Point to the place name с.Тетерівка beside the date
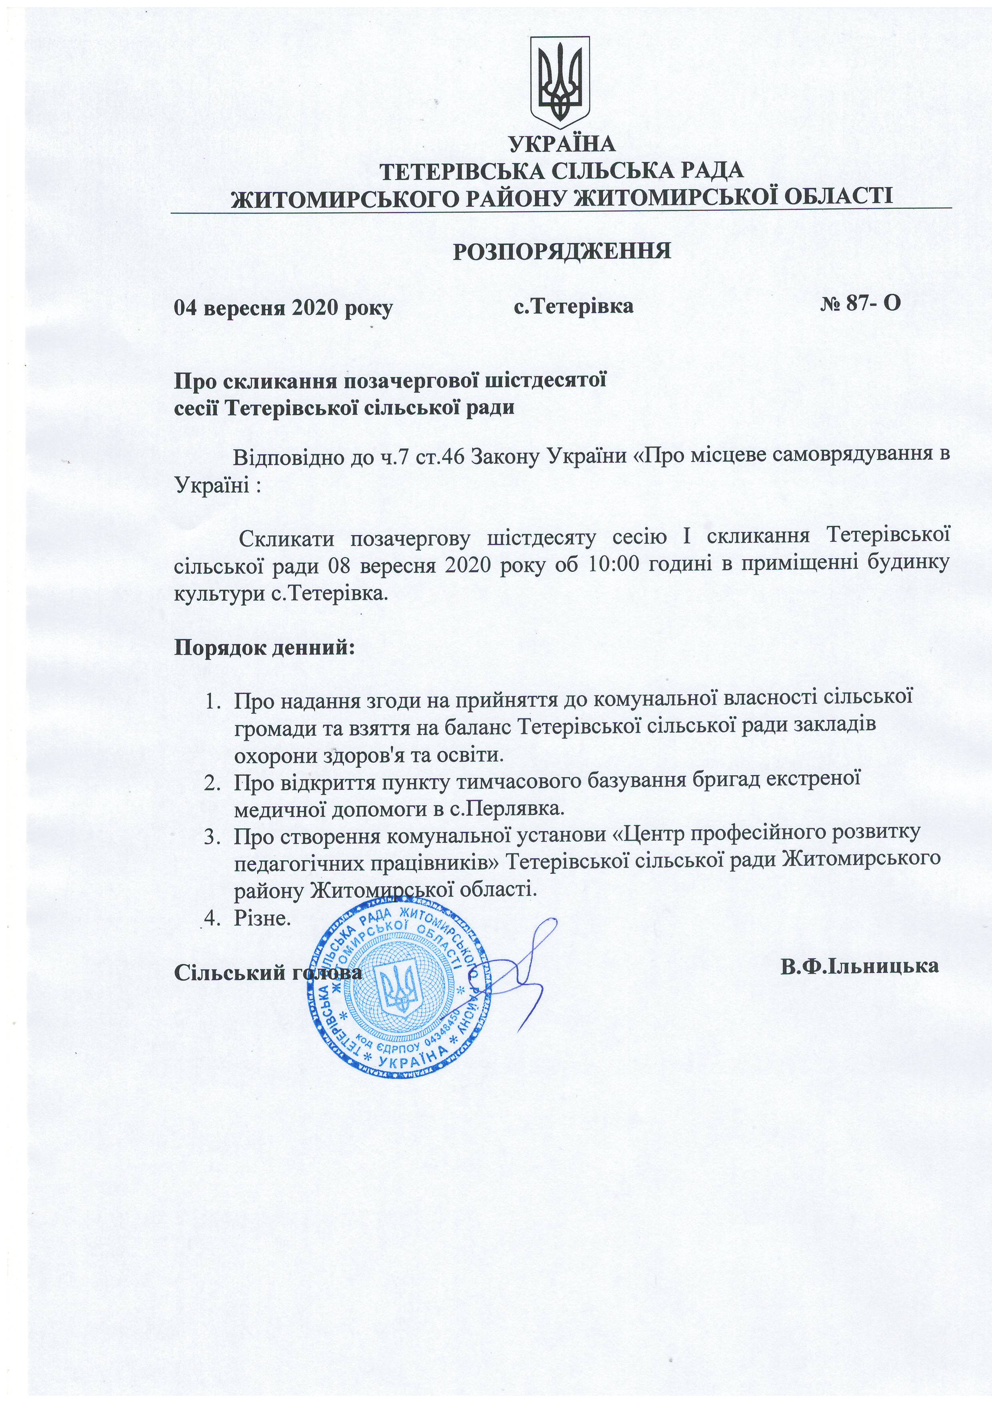[573, 306]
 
